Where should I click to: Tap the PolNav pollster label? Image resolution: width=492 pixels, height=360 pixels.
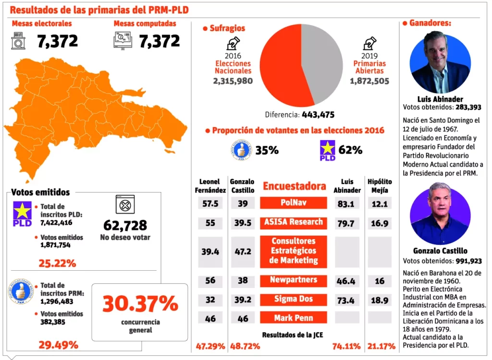294,203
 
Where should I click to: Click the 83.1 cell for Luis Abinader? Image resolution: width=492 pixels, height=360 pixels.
346,203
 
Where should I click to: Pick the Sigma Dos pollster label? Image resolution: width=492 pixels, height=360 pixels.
294,299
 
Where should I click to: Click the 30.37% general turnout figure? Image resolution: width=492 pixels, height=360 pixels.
140,303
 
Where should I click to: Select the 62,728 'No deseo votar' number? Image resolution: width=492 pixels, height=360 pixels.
125,225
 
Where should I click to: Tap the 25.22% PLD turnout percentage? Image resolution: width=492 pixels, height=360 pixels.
57,263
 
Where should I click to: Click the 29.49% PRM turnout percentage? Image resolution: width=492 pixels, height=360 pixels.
58,345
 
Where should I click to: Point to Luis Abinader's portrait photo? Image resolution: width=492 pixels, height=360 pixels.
440,63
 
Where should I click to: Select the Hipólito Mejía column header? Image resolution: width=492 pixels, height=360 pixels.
380,186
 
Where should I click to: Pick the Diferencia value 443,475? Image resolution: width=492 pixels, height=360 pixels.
318,115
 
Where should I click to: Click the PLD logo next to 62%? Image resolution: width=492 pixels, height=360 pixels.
328,150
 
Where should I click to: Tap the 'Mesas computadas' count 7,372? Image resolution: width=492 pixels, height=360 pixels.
160,41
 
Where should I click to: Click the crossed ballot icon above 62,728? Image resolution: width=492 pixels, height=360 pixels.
125,204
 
